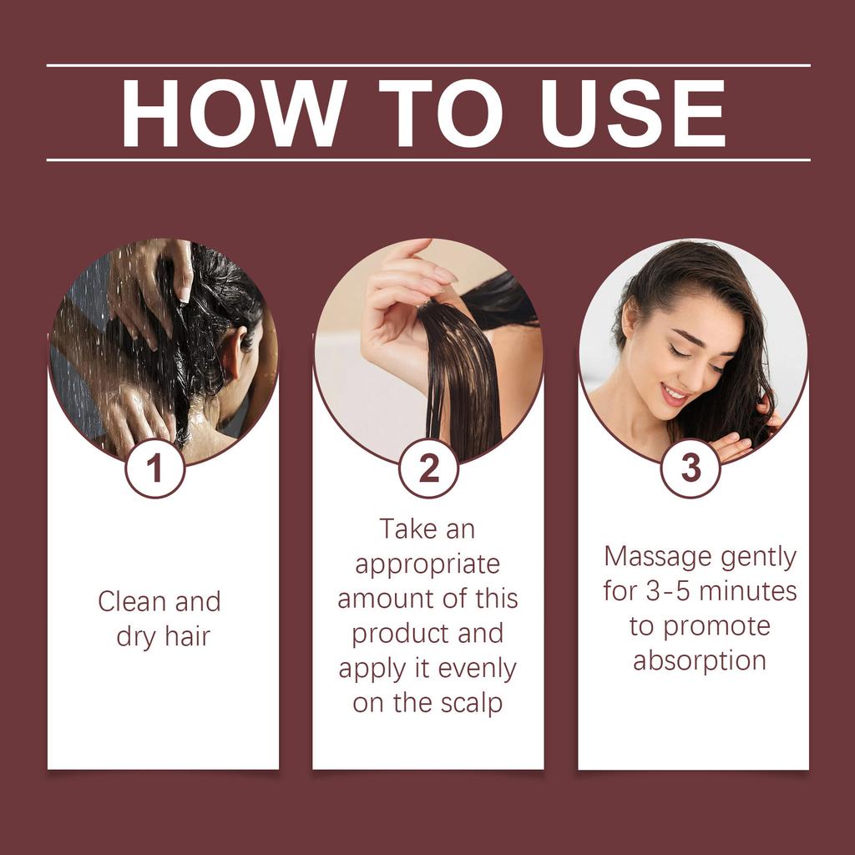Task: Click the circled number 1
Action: [x=155, y=468]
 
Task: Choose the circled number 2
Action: [x=428, y=468]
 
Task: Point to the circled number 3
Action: [x=691, y=468]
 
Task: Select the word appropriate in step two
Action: [x=427, y=564]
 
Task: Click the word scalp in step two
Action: [x=471, y=703]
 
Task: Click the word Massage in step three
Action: [x=658, y=556]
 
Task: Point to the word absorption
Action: [x=700, y=660]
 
